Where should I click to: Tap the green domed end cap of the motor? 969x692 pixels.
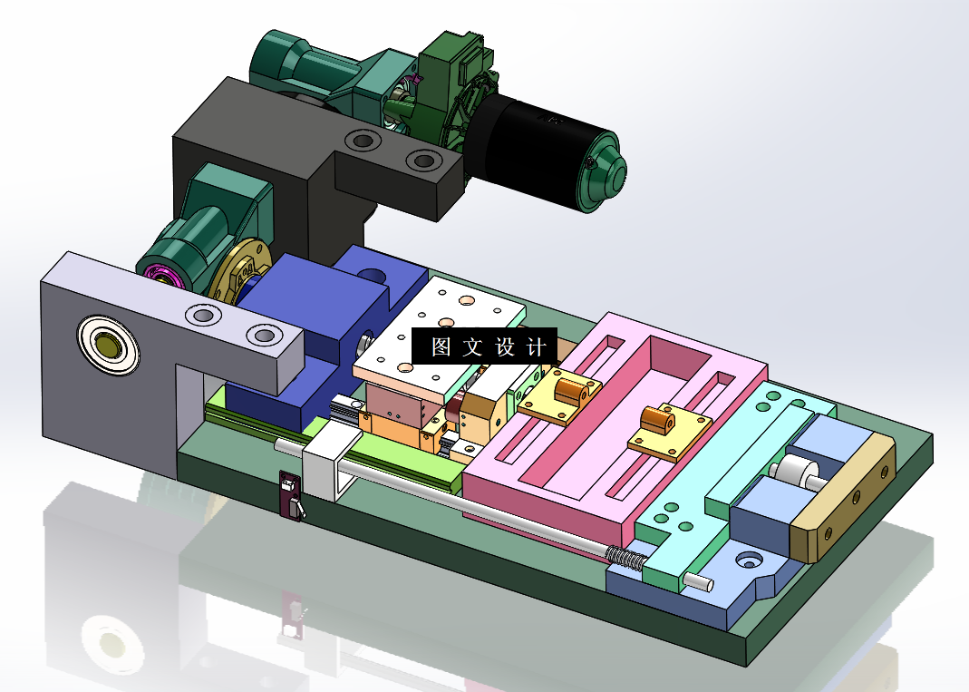[602, 171]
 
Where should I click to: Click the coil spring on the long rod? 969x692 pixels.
[626, 557]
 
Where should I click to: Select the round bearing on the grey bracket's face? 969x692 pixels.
[109, 345]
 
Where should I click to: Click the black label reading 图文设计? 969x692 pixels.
[484, 346]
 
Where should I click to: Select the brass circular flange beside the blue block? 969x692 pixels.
[237, 272]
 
